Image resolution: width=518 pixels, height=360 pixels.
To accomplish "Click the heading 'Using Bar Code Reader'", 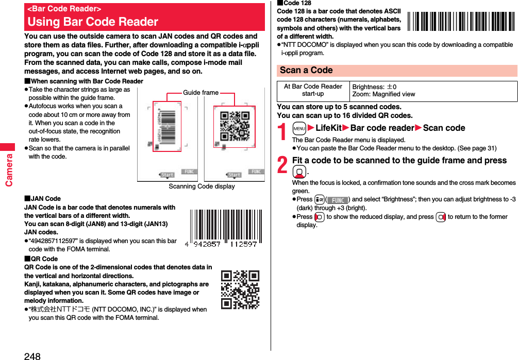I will pos(93,22).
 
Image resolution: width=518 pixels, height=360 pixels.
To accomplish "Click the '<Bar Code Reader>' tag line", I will pos(64,9).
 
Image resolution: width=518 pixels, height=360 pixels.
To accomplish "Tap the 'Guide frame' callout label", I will pos(200,93).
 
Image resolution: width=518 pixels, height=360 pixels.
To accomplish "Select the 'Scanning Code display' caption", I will pos(202,186).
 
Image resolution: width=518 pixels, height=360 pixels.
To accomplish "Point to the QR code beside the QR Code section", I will pos(240,289).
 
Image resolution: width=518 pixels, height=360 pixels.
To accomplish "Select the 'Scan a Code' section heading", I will pos(306,70).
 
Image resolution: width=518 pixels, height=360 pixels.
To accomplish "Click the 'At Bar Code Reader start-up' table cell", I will pos(313,90).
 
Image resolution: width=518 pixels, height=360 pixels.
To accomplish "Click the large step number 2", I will pos(283,165).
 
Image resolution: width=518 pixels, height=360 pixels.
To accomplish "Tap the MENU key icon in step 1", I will pos(299,128).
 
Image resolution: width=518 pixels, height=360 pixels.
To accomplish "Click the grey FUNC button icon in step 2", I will pos(338,200).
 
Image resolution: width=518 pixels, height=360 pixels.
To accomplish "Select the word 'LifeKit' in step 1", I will pos(328,128).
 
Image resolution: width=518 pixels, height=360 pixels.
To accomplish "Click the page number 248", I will pos(32,355).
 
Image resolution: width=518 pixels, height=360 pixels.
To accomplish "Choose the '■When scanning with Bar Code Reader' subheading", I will pos(83,81).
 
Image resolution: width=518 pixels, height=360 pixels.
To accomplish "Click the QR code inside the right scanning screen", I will pos(235,126).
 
